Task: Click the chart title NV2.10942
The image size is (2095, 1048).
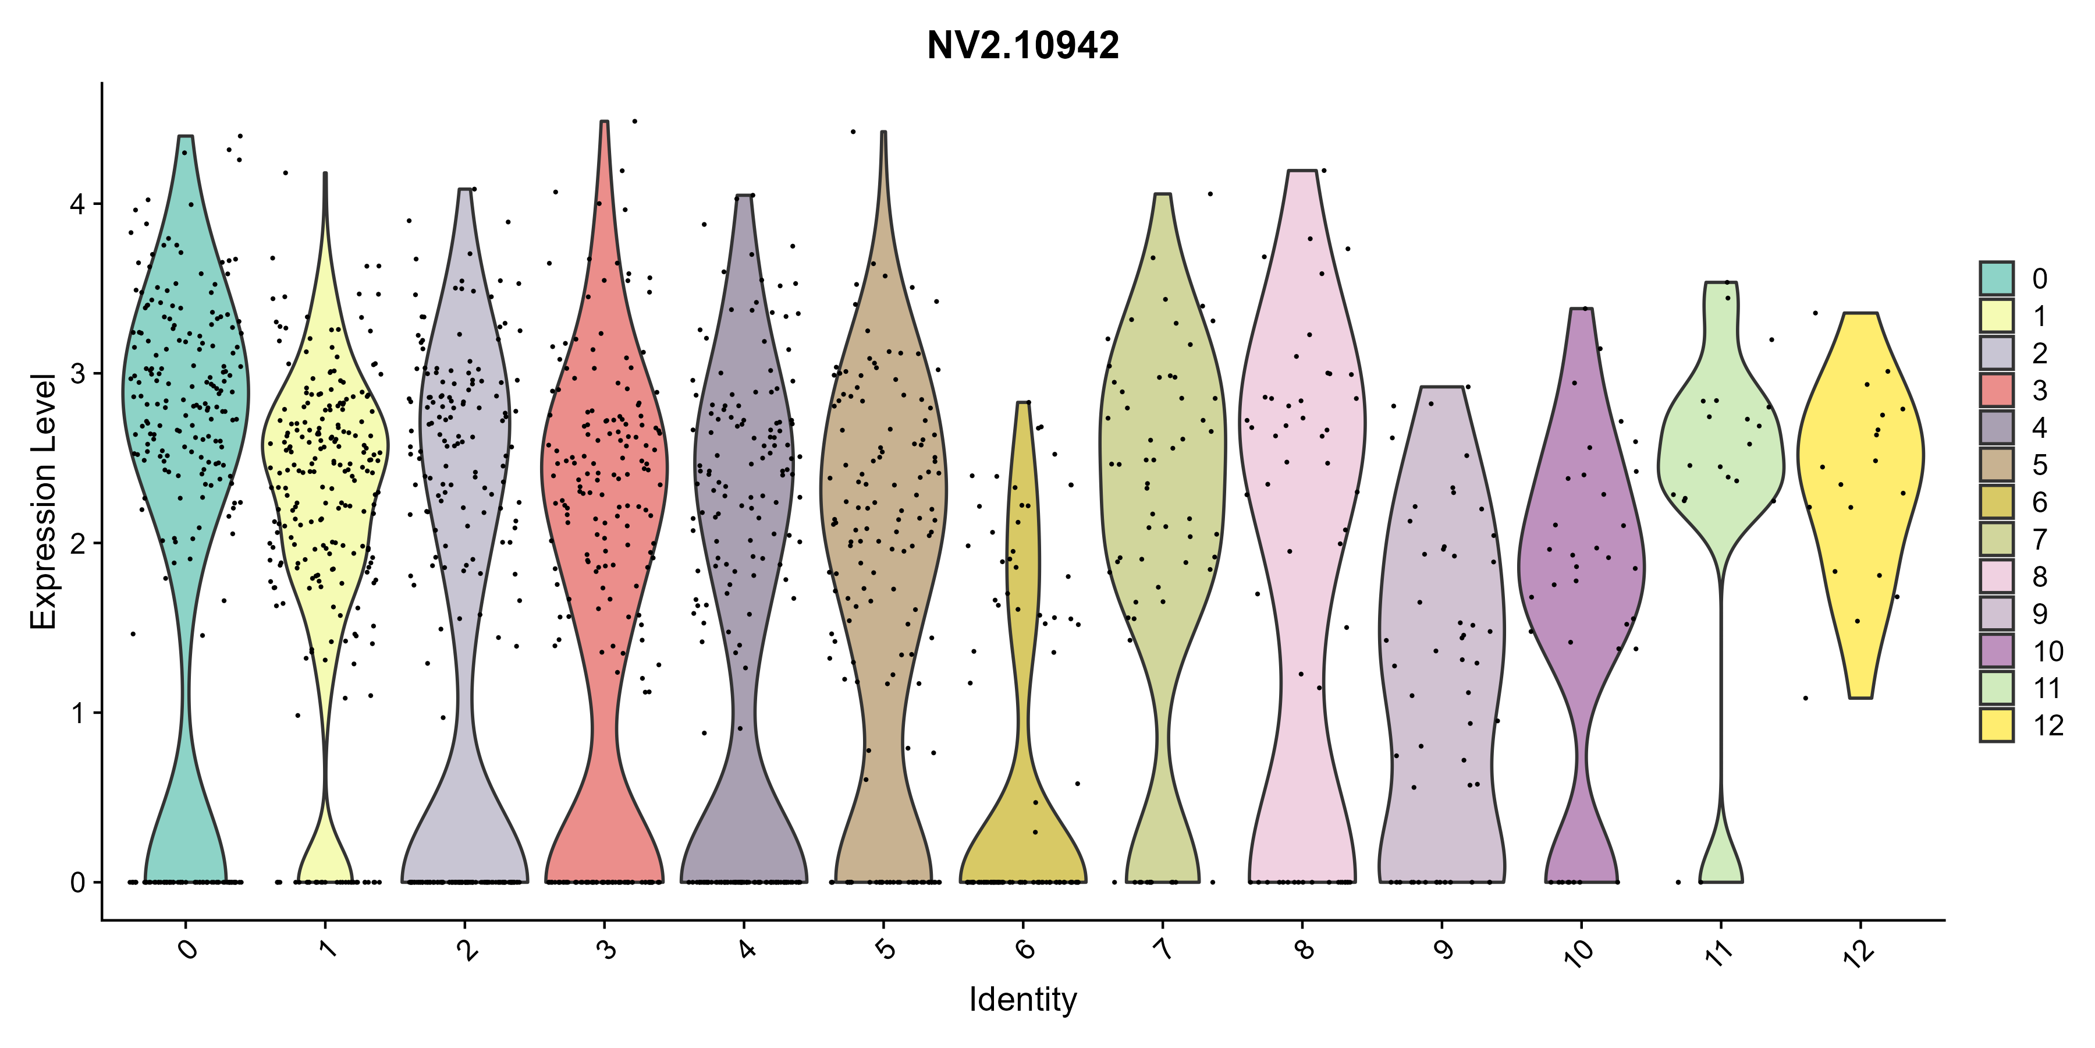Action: pos(1022,45)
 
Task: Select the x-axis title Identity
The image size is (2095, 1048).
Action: pos(1022,999)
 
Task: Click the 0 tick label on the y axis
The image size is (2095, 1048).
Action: pos(78,882)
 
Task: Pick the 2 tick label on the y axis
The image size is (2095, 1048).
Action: pos(78,543)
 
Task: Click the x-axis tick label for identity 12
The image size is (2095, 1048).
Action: pos(1860,952)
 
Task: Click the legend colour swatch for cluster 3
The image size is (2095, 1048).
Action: pos(1997,390)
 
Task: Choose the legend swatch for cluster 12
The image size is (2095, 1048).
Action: pos(1997,725)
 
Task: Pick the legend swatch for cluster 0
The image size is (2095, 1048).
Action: pos(1997,278)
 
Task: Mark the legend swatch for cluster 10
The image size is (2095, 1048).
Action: pos(1997,651)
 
